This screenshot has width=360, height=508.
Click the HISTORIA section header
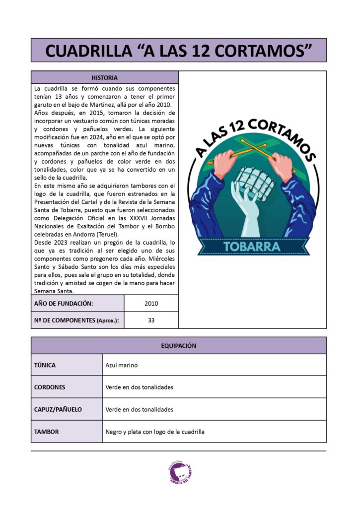[104, 77]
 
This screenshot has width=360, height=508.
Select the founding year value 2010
[151, 304]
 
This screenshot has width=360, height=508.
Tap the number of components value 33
[151, 320]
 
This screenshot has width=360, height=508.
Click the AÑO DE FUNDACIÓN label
[64, 304]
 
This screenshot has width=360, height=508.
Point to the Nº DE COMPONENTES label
[76, 320]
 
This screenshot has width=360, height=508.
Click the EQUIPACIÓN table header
[178, 346]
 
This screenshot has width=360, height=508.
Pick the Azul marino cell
[122, 365]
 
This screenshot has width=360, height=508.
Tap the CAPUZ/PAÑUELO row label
[58, 409]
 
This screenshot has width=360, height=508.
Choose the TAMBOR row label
[46, 432]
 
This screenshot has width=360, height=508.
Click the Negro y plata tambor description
[155, 432]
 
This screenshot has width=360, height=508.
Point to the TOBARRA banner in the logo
[252, 246]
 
